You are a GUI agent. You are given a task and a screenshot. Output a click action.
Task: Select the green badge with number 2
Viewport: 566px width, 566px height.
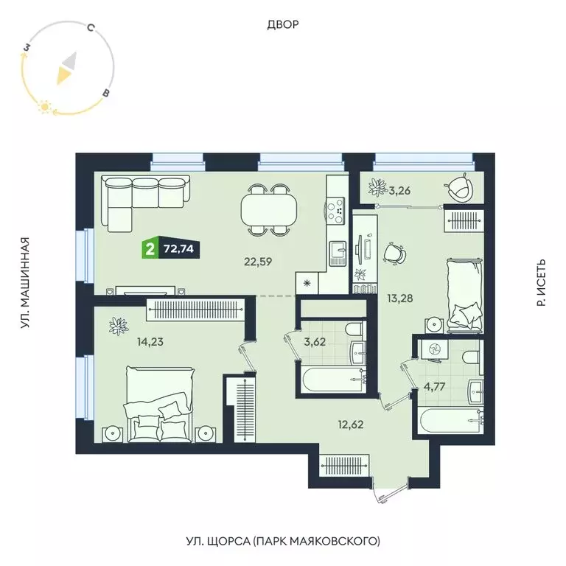150,248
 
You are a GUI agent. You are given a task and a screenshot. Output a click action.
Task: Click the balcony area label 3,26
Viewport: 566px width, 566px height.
399,191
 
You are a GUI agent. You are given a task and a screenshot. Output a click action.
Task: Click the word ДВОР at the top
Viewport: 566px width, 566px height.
282,25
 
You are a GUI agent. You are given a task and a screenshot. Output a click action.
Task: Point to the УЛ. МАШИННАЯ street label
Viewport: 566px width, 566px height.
25,282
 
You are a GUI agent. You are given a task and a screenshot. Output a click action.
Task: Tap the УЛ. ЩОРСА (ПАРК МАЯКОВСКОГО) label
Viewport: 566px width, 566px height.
282,541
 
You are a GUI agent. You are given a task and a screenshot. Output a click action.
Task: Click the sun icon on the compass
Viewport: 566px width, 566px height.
44,108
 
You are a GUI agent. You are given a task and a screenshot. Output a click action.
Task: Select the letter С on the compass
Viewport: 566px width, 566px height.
89,29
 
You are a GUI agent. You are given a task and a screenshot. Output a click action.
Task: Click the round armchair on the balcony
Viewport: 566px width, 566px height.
462,187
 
